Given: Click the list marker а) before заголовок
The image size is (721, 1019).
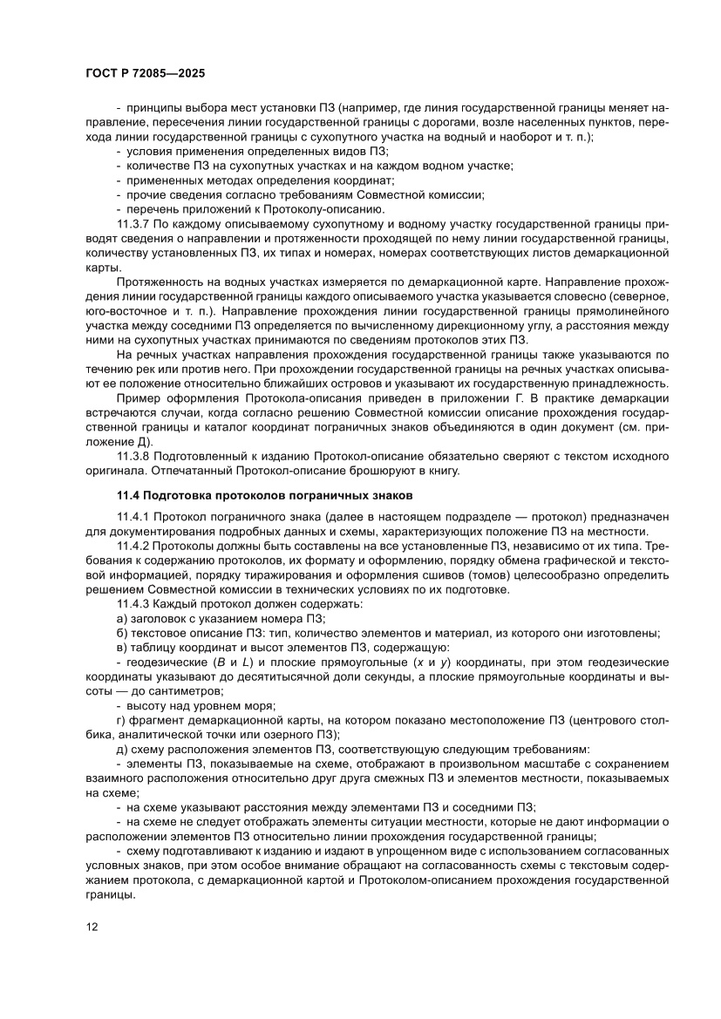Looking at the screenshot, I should pos(122,618).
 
